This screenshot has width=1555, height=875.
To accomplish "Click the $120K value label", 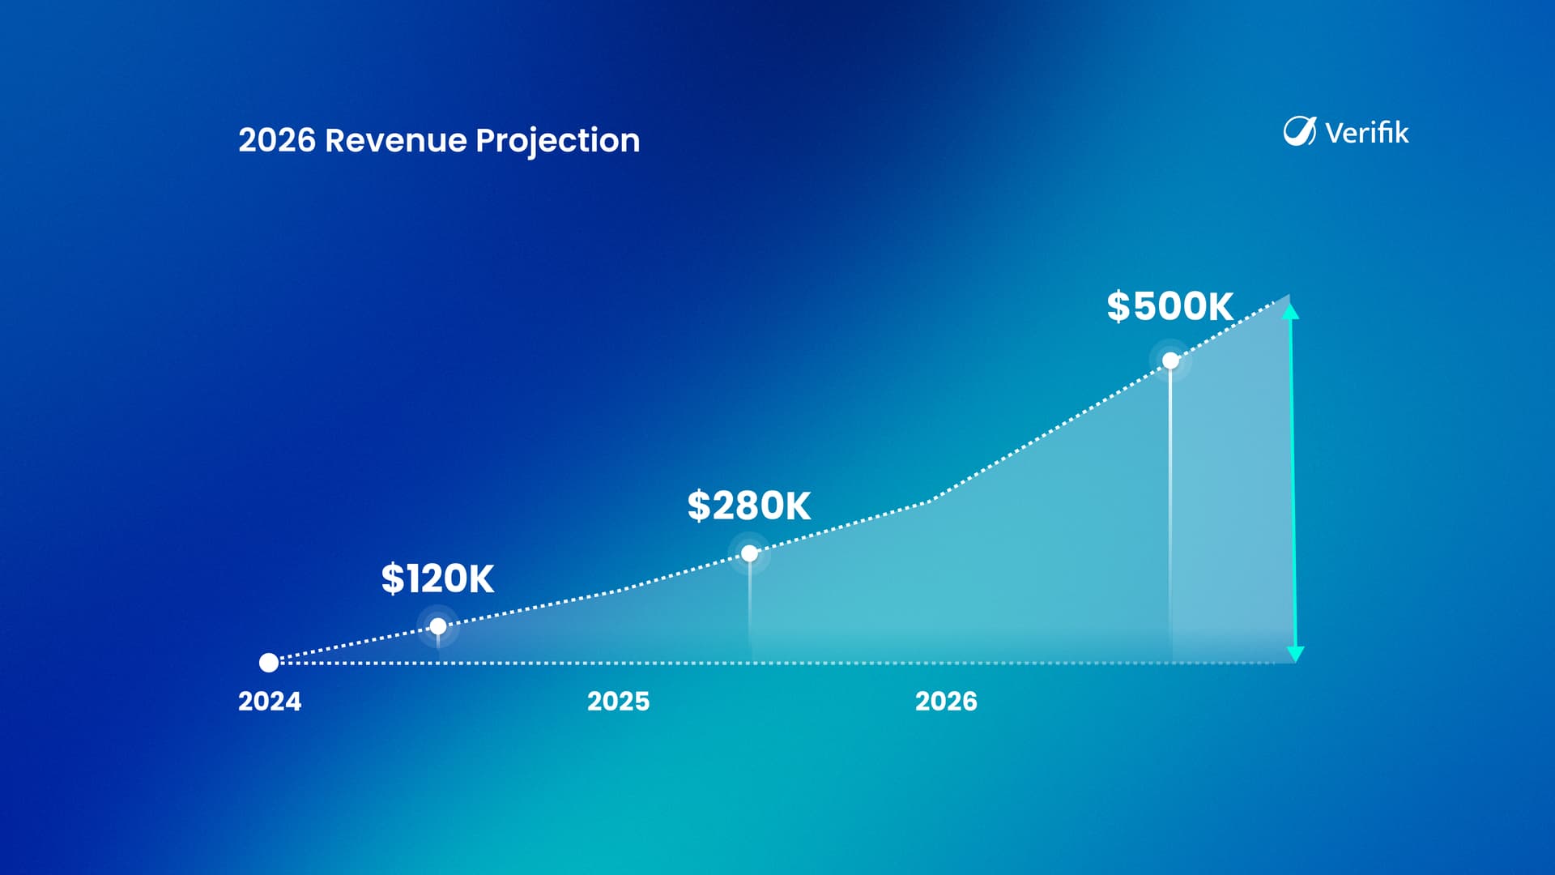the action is (x=437, y=578).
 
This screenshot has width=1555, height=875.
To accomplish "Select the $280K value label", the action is (x=748, y=506).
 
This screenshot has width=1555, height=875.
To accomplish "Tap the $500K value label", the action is (x=1169, y=306).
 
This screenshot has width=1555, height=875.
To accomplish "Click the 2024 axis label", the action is (x=270, y=701).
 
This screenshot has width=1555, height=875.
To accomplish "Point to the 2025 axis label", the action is (x=618, y=701).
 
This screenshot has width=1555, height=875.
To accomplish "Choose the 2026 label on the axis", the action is (x=946, y=701).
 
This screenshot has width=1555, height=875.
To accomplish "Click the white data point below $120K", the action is (x=438, y=626).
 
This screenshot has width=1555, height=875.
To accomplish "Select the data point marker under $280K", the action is (x=750, y=553).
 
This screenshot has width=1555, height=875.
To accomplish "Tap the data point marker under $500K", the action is (x=1171, y=361).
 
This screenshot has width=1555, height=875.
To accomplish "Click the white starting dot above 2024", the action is (x=269, y=663).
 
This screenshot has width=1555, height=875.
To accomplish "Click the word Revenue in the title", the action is (x=396, y=140).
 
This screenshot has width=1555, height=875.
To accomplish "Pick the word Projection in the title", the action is (x=558, y=142).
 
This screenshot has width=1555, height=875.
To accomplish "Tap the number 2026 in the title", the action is (x=277, y=140).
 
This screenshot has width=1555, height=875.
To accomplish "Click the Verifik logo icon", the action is (x=1300, y=131).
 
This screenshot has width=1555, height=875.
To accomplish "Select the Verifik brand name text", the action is (x=1367, y=132).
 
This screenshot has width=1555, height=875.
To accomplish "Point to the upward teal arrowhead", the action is (x=1291, y=310).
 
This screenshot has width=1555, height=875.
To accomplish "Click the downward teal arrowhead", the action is (x=1296, y=654).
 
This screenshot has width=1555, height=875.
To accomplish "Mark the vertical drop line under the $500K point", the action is (x=1171, y=515).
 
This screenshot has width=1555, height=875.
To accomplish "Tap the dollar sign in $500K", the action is (x=1118, y=306).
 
